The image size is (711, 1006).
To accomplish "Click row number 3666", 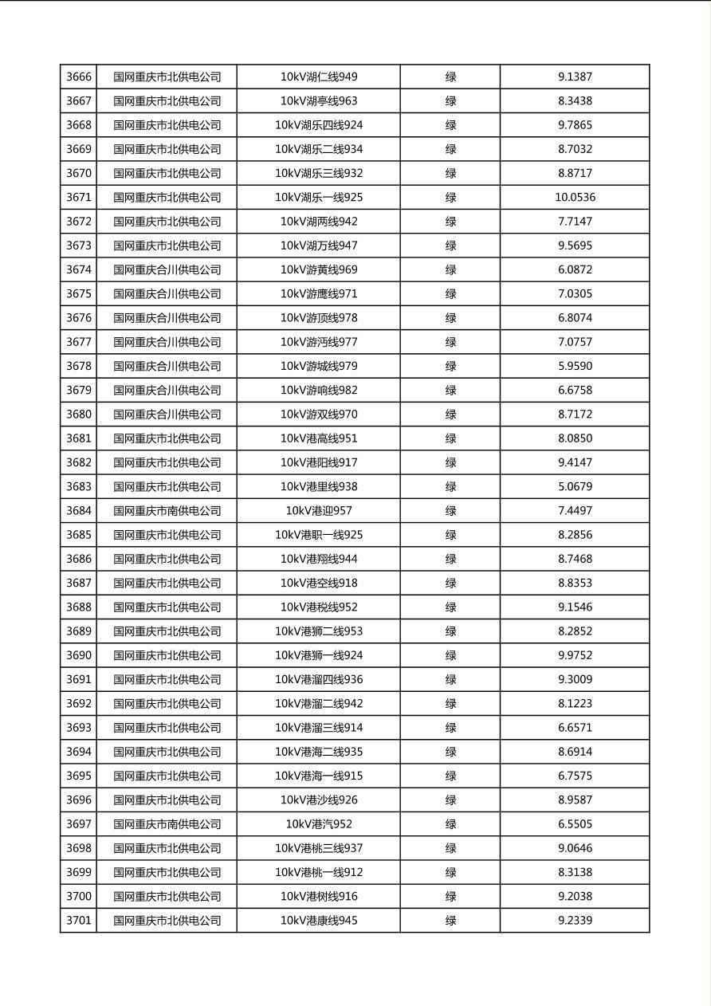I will pyautogui.click(x=79, y=77).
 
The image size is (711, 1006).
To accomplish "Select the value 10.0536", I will pyautogui.click(x=575, y=198).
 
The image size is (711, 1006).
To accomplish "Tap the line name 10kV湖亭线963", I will pyautogui.click(x=319, y=101).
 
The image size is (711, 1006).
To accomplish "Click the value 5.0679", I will pyautogui.click(x=575, y=487).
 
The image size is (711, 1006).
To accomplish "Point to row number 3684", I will pyautogui.click(x=79, y=511).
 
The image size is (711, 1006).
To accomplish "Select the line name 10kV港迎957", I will pyautogui.click(x=319, y=511).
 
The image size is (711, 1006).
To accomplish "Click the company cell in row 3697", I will pyautogui.click(x=167, y=824).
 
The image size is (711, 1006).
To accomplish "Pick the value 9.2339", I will pyautogui.click(x=575, y=921).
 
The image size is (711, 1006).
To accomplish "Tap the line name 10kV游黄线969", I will pyautogui.click(x=319, y=270).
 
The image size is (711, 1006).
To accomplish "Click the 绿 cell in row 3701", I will pyautogui.click(x=450, y=921).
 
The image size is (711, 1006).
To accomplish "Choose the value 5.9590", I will pyautogui.click(x=575, y=367).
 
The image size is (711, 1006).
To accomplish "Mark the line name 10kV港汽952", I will pyautogui.click(x=319, y=824).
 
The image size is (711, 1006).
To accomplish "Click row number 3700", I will pyautogui.click(x=79, y=897).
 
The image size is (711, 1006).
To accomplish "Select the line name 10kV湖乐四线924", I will pyautogui.click(x=319, y=125).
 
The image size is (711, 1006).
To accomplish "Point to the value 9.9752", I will pyautogui.click(x=575, y=655).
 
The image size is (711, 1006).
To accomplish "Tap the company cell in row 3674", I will pyautogui.click(x=167, y=270).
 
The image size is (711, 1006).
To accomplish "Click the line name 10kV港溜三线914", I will pyautogui.click(x=319, y=728).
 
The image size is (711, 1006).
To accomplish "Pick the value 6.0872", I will pyautogui.click(x=575, y=270).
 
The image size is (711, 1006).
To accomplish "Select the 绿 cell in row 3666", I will pyautogui.click(x=450, y=77).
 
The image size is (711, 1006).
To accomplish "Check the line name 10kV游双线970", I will pyautogui.click(x=319, y=415).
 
